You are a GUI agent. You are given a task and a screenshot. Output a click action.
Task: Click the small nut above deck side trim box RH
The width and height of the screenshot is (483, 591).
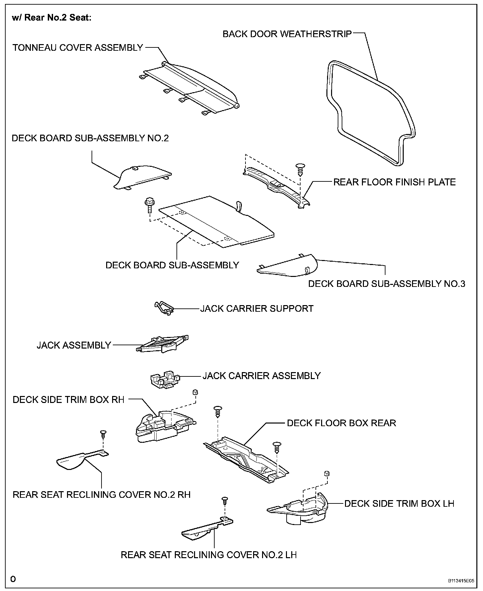(x=195, y=393)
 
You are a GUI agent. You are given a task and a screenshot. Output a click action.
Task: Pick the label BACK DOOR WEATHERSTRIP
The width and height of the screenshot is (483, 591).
(x=287, y=34)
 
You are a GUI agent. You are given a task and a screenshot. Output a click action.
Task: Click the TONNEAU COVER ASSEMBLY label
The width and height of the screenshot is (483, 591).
(x=78, y=48)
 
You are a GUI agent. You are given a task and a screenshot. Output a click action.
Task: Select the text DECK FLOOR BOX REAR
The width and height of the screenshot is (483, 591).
(x=341, y=423)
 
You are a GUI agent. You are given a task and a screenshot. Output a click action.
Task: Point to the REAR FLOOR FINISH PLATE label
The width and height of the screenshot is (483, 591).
(x=394, y=182)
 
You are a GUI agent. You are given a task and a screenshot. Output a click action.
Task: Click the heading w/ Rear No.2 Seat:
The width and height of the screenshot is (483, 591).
(x=52, y=18)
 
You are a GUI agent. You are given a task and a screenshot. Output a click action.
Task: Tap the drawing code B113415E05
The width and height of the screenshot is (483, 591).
(x=461, y=581)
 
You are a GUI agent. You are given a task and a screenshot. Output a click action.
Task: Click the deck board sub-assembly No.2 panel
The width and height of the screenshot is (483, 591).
(x=143, y=177)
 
